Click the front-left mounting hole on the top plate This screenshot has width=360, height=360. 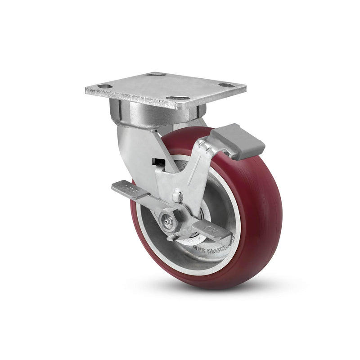coord(104,85)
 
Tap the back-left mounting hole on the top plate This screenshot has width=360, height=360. coord(156,74)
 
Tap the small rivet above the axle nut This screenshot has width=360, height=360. coord(178,196)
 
